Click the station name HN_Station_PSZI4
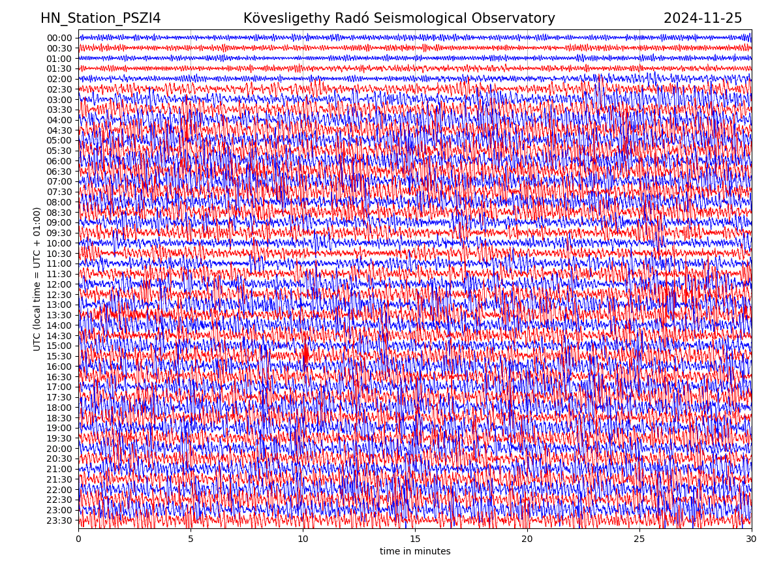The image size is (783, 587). (x=100, y=19)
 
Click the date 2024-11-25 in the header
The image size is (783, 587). (x=703, y=19)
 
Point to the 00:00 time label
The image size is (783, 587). (x=59, y=38)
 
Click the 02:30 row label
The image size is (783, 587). (x=59, y=89)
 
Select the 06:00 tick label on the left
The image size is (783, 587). (x=59, y=161)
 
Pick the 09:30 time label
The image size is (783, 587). (x=59, y=233)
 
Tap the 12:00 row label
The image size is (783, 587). (x=59, y=284)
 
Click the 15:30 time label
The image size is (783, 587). (x=59, y=356)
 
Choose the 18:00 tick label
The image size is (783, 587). (x=59, y=408)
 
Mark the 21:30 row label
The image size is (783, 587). (x=59, y=479)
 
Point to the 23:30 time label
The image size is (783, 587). (x=59, y=520)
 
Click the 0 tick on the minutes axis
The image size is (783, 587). (x=78, y=539)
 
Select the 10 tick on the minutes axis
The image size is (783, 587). (x=303, y=539)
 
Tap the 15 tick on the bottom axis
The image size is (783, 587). (x=415, y=539)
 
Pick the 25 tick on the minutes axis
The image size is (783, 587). (x=639, y=539)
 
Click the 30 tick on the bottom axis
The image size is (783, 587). (x=752, y=539)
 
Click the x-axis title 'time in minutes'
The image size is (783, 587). (x=415, y=552)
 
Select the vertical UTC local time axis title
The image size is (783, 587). (x=38, y=278)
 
